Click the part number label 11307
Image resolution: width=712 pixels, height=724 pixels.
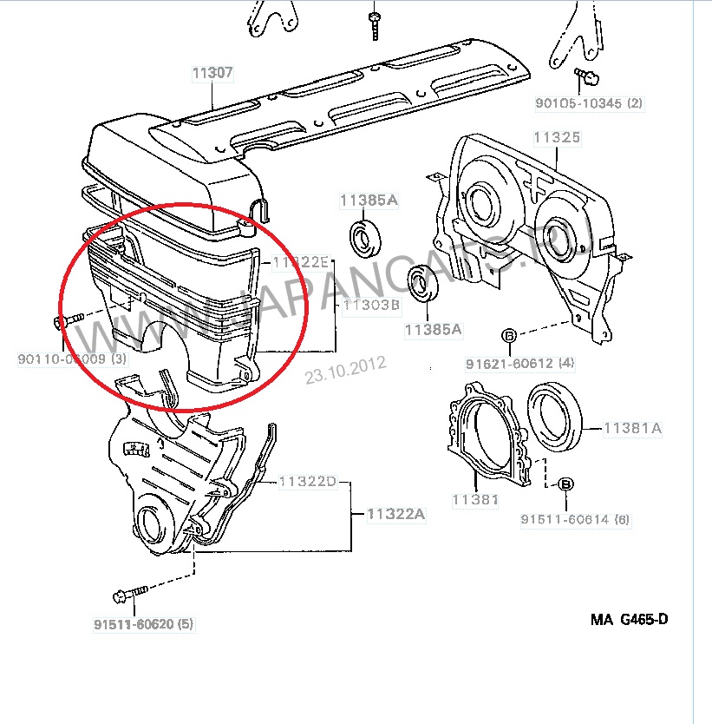tap(212, 74)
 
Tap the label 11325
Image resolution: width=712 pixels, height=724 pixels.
tap(557, 138)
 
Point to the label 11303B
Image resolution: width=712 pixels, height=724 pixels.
tap(370, 306)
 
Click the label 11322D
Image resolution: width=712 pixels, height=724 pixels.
tap(307, 482)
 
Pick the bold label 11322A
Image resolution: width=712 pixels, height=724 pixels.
tap(395, 515)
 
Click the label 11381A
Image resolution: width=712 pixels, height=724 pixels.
tap(632, 427)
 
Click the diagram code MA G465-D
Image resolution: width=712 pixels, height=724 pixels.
tap(630, 619)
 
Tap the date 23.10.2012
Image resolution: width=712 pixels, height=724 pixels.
tap(344, 371)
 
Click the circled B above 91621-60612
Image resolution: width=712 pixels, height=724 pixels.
tap(509, 336)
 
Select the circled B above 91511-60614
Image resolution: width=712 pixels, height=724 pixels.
tap(565, 484)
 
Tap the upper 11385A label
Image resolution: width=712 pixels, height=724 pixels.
tap(369, 201)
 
